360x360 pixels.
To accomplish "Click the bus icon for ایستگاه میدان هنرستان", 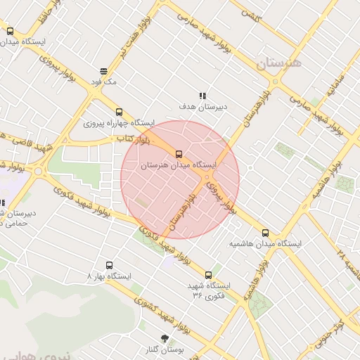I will click(x=179, y=154).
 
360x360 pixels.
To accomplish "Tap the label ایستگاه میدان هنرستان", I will click(x=179, y=165).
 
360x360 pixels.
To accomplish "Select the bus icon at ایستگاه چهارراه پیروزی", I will click(x=118, y=111).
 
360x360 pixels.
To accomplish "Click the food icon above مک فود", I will click(x=103, y=70).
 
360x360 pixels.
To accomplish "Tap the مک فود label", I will click(x=103, y=82).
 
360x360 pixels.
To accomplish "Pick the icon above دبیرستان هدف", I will click(x=202, y=95).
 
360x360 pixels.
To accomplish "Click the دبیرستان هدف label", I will click(x=202, y=106).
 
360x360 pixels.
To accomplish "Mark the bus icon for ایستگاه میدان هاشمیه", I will click(x=265, y=232).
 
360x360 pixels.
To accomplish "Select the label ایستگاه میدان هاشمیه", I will click(x=265, y=243).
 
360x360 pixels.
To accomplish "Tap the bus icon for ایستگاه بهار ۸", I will click(x=109, y=265).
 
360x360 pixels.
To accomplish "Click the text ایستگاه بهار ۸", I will click(x=109, y=276).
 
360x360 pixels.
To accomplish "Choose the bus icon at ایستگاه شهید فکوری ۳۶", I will click(x=208, y=275).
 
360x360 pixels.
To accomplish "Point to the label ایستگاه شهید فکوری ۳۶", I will click(x=208, y=291).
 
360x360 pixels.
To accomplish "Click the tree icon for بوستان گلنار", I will click(x=165, y=338).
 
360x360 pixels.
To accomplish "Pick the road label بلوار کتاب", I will click(x=131, y=141).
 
